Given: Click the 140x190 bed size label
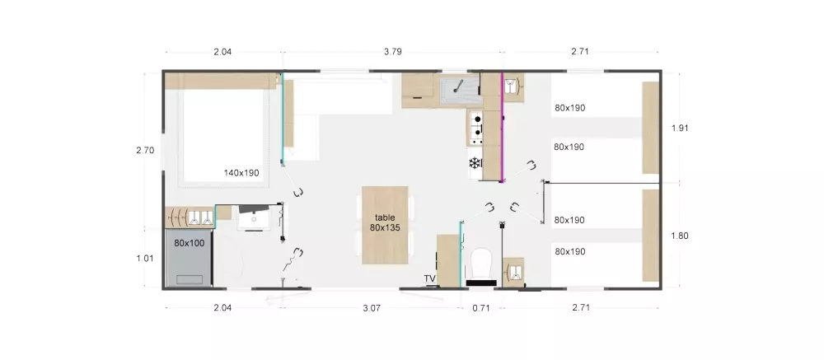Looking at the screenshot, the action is (241, 172).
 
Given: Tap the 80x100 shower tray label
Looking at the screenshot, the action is (190, 243).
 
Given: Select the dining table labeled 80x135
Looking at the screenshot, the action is (385, 225).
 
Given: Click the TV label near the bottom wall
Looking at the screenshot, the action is (430, 278).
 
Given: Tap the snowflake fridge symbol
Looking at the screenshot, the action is (475, 163).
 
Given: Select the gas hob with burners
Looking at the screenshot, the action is (475, 128).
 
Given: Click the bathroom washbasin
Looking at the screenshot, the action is (255, 217).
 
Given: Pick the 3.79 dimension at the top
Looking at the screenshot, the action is (393, 52).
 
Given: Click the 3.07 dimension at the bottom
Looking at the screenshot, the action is (372, 308).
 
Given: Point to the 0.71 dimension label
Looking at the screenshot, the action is (481, 308).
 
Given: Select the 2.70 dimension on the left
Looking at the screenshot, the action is (145, 150).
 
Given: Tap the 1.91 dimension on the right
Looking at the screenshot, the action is (680, 128).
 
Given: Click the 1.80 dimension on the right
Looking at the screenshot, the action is (680, 236).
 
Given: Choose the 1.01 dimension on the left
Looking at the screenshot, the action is (145, 258).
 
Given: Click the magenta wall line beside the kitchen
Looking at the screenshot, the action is (502, 127).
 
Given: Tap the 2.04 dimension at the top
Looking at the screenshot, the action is (222, 52).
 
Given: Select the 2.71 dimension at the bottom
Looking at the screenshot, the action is (581, 308).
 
